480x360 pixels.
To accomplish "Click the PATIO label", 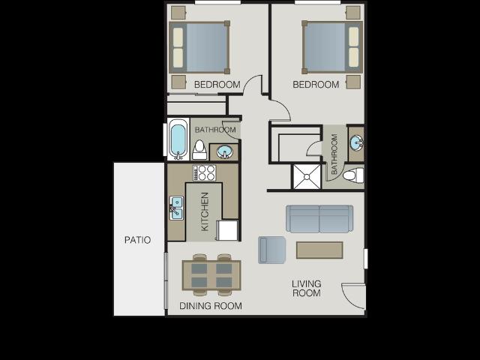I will tap(137, 240).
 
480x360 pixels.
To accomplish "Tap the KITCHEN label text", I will tap(204, 211).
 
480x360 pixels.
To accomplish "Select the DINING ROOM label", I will tap(211, 306).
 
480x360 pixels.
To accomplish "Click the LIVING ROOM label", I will tap(306, 288).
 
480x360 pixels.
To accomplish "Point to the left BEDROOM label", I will tap(217, 85).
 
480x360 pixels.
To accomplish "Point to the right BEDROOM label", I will tap(316, 85).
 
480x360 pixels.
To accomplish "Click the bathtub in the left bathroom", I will tap(178, 140).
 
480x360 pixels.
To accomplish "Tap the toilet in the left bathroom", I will tap(199, 150).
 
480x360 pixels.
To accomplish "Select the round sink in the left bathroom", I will tap(224, 152).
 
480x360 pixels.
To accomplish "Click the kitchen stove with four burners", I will tap(204, 173).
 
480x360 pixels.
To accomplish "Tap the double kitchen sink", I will tap(176, 208).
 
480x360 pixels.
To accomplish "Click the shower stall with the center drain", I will tap(307, 177).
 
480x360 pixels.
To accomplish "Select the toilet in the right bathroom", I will tap(352, 175).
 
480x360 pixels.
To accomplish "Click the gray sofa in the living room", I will tap(319, 218).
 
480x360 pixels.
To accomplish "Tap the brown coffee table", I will tap(319, 250).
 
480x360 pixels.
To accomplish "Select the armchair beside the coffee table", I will tap(271, 250).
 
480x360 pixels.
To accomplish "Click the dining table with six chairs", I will tap(211, 275).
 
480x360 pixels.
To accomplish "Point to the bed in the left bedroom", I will tap(199, 47).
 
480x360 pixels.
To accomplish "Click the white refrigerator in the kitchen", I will tap(227, 229).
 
